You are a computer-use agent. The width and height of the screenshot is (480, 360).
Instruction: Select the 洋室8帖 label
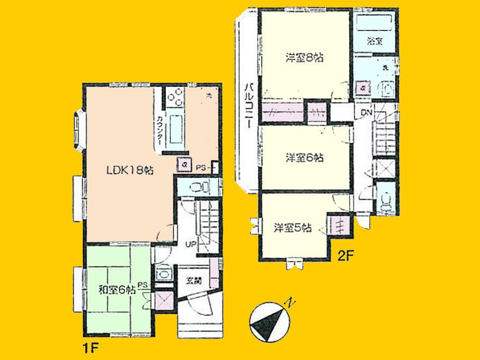tap(303, 56)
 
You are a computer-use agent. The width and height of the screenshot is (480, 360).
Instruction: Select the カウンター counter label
tap(159, 129)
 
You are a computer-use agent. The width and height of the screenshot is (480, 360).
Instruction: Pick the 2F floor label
tap(345, 255)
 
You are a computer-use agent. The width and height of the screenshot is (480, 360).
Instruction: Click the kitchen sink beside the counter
tap(177, 129)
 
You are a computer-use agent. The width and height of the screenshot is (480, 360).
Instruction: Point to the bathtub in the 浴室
tap(374, 21)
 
